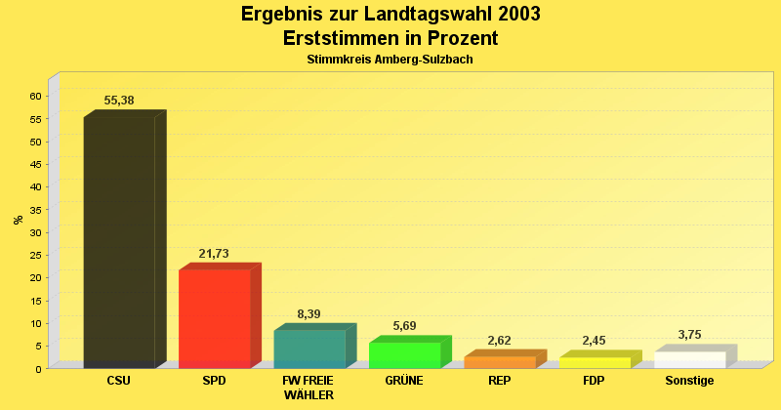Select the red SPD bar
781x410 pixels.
(215, 318)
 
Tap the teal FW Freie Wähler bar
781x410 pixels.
(309, 348)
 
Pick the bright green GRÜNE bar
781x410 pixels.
(404, 355)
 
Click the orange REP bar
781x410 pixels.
(500, 362)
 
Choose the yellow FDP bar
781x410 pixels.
(595, 362)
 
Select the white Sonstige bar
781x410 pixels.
(689, 359)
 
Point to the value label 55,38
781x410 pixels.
(119, 101)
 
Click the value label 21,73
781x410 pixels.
(214, 254)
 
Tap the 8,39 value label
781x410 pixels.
(308, 314)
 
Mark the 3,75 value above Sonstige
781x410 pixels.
(689, 335)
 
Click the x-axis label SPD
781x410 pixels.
(214, 381)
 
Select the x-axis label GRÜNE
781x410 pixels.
(404, 381)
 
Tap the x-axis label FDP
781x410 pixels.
(594, 381)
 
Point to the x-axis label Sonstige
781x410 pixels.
(689, 381)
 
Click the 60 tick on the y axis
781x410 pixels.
(35, 96)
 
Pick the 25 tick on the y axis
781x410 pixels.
(35, 255)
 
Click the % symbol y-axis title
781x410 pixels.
(19, 220)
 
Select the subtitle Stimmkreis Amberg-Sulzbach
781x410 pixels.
(390, 60)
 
